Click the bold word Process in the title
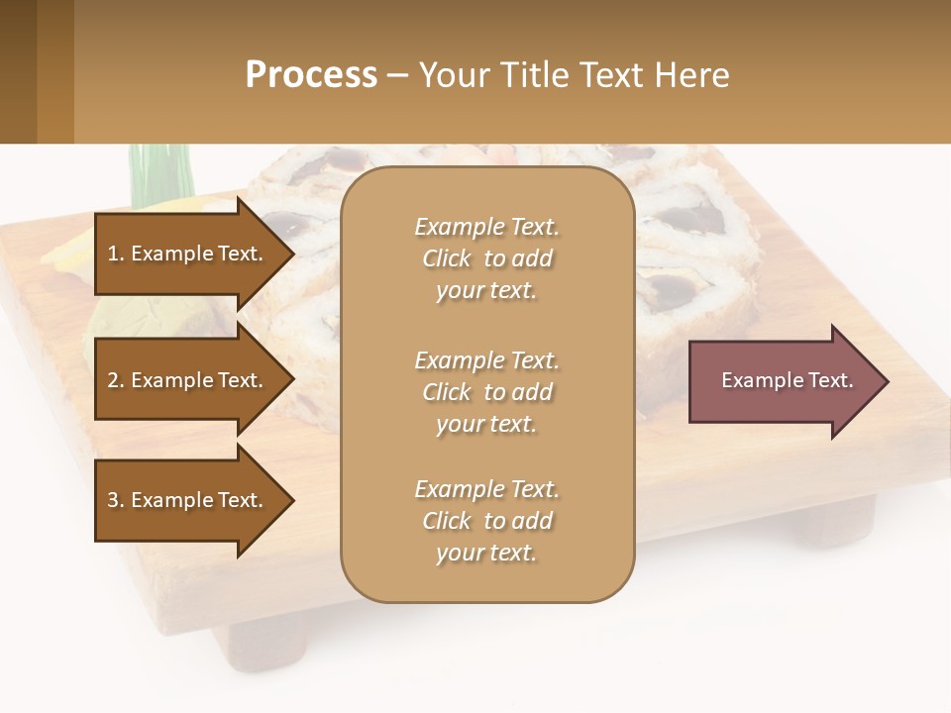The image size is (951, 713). [x=311, y=74]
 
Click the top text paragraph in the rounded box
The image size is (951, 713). [x=486, y=258]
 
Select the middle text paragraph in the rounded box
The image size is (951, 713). [x=486, y=392]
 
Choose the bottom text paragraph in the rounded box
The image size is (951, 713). [x=486, y=521]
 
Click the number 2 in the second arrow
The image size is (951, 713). [x=113, y=380]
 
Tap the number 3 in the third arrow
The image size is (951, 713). [x=113, y=500]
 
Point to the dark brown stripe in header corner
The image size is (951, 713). [x=18, y=71]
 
